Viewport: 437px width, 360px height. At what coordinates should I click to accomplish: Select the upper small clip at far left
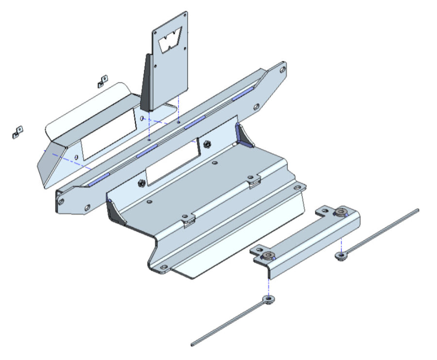[102, 81]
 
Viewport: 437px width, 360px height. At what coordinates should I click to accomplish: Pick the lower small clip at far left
[17, 131]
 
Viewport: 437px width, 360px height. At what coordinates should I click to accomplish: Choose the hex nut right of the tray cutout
[207, 144]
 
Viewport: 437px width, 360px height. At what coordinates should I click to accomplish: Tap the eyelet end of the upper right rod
[342, 255]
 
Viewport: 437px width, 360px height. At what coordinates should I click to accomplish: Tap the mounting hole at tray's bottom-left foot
[163, 267]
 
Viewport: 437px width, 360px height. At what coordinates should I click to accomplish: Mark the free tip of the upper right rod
[417, 210]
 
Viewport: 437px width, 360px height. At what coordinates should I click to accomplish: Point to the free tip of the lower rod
[193, 344]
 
